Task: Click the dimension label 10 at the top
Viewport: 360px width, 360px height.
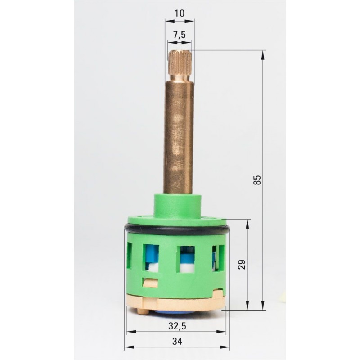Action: click(x=180, y=13)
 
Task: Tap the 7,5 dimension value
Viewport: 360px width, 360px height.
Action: click(x=179, y=35)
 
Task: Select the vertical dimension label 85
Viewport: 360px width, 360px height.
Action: click(x=257, y=180)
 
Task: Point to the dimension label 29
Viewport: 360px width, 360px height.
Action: click(x=242, y=264)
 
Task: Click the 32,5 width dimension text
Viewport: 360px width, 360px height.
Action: click(x=177, y=326)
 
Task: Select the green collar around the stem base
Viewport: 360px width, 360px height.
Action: click(x=177, y=205)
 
